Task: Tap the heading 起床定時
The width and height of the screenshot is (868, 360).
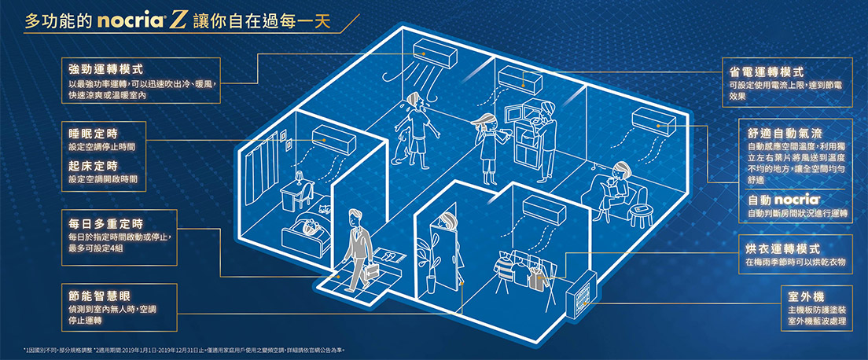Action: (x=94, y=165)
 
